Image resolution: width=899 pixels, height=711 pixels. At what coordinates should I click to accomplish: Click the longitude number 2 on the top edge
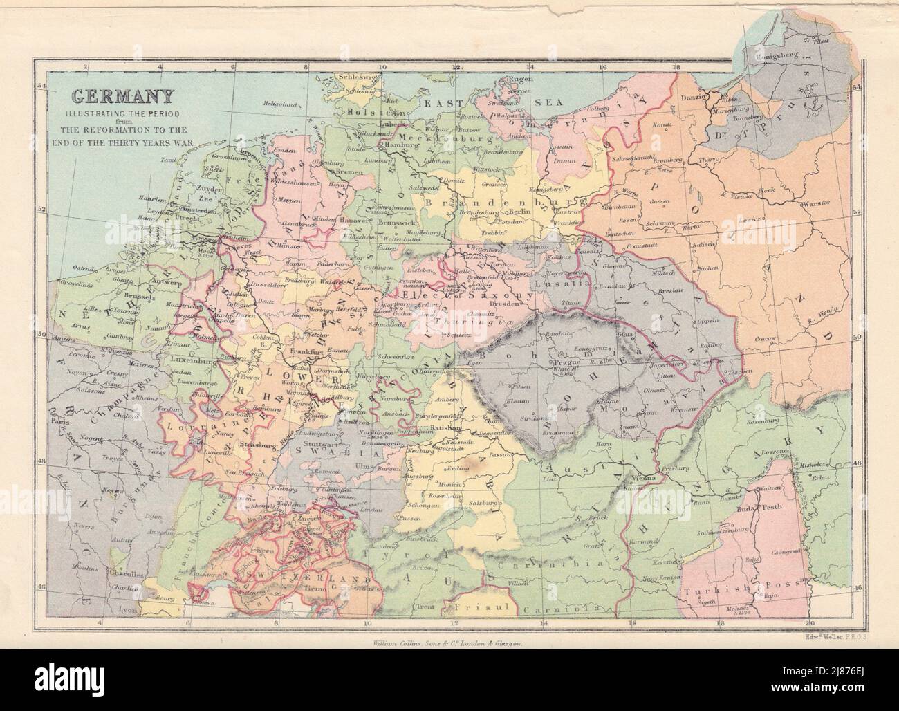[84, 66]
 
